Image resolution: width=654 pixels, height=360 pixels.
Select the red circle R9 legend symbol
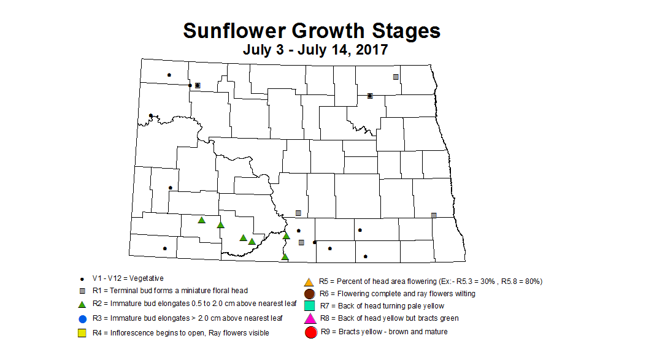pos(310,332)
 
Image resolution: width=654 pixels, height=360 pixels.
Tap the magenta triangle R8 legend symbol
pos(310,319)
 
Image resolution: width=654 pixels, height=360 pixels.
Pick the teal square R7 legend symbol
pos(310,306)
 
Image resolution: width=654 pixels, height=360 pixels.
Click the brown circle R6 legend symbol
pos(310,294)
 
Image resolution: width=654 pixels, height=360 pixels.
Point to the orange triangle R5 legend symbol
pos(310,281)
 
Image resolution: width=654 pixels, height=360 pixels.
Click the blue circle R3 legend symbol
pos(82,318)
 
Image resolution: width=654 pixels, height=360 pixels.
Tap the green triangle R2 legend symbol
pos(82,304)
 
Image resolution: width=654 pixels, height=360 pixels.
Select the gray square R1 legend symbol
pos(82,291)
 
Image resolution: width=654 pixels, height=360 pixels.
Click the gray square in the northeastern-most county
pos(396,77)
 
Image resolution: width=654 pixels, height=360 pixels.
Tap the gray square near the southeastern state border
pos(434,215)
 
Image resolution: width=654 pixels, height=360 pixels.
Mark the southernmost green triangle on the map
pos(285,257)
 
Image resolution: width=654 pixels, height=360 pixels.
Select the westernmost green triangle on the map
pos(201,220)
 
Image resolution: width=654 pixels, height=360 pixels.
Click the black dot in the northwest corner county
pos(169,75)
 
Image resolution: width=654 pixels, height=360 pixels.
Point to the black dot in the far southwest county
pos(164,248)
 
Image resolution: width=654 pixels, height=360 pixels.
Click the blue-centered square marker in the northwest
pos(198,85)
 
